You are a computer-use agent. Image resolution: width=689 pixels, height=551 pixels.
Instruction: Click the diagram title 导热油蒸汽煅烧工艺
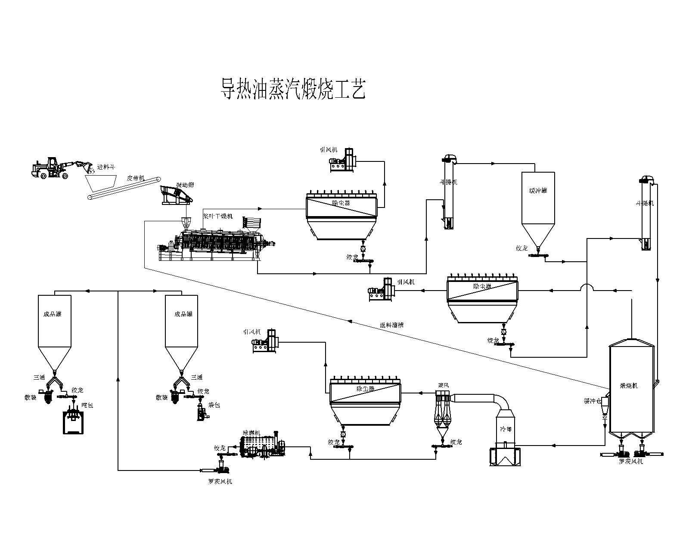click(293, 89)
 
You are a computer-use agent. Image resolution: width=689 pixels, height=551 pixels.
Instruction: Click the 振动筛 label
click(185, 185)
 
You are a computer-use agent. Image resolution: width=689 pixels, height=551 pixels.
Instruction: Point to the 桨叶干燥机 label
click(218, 216)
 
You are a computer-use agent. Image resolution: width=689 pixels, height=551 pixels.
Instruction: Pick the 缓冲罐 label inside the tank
click(538, 190)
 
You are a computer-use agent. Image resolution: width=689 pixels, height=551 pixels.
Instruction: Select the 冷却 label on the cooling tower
click(506, 429)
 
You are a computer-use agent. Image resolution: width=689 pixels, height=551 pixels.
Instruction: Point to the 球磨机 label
click(251, 433)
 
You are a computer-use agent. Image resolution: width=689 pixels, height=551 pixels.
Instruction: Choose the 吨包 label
click(87, 406)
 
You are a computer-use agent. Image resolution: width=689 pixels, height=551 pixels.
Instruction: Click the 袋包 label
click(214, 405)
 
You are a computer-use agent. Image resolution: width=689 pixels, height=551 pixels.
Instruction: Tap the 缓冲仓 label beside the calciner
click(592, 401)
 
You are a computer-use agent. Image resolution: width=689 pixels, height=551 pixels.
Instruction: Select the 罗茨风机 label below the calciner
click(631, 461)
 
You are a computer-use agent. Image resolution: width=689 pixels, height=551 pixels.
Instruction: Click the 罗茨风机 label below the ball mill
click(220, 481)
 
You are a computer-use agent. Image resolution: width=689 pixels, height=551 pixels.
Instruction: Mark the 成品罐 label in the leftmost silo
click(52, 314)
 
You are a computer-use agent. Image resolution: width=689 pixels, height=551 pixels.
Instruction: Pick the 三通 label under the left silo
click(39, 377)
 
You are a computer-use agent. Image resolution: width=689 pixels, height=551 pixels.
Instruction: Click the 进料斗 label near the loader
click(106, 167)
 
